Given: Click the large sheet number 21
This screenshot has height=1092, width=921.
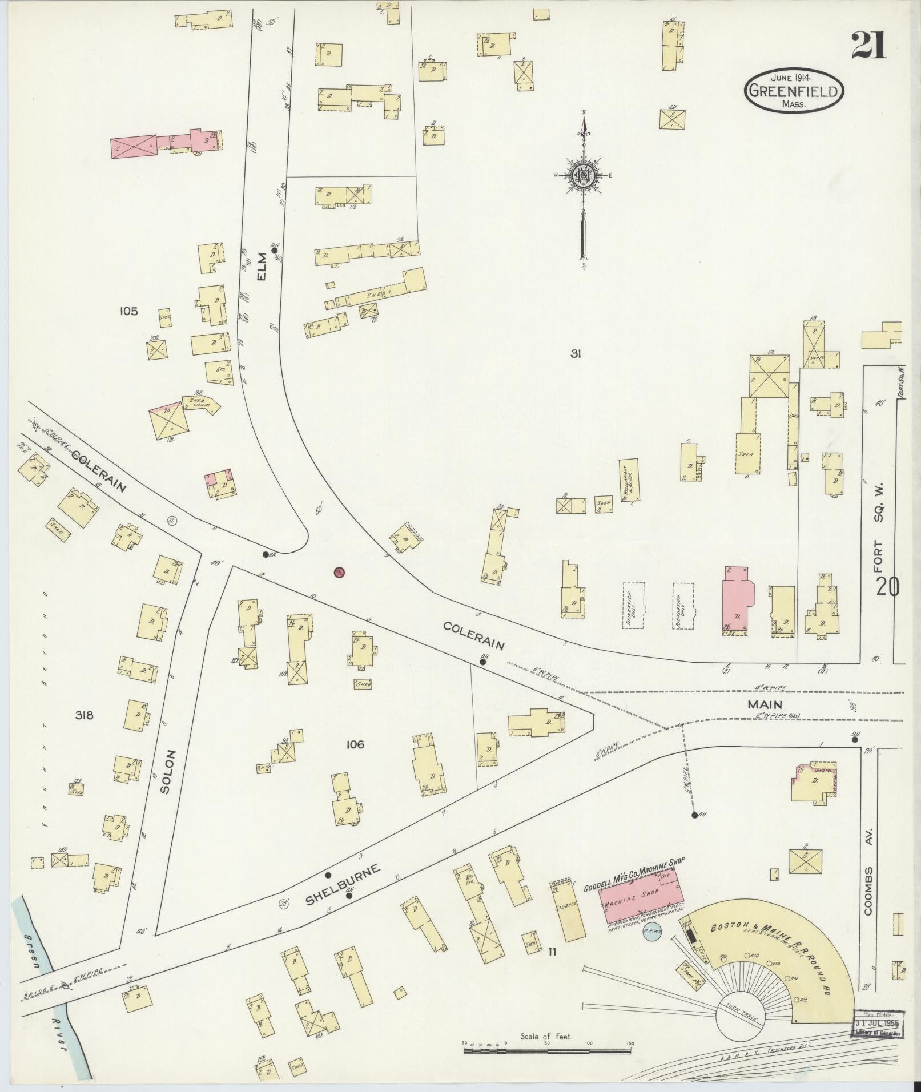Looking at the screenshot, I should pyautogui.click(x=869, y=45).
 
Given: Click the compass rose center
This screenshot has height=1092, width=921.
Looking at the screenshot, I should pyautogui.click(x=584, y=176).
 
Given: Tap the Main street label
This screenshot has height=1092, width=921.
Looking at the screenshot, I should pyautogui.click(x=765, y=705).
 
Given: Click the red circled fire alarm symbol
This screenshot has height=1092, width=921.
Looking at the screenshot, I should pyautogui.click(x=339, y=572).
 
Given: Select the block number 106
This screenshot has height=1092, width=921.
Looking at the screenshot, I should pyautogui.click(x=355, y=744).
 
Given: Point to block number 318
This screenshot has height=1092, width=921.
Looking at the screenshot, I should pyautogui.click(x=83, y=715).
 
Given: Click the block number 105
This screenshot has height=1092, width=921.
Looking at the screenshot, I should pyautogui.click(x=128, y=311).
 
